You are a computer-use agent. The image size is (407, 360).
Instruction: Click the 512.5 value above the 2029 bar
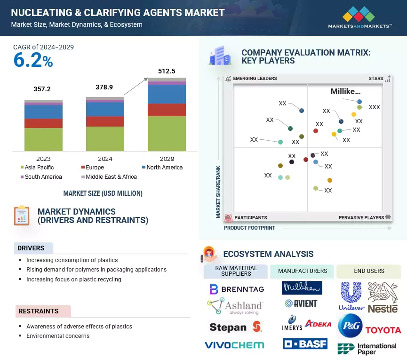click(167, 71)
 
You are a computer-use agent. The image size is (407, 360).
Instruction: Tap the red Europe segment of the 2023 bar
click(43, 123)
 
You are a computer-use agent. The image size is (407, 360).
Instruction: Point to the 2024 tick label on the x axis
click(105, 159)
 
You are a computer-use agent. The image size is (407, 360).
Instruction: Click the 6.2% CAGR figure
click(33, 61)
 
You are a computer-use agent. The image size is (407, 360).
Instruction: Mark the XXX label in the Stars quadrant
click(374, 107)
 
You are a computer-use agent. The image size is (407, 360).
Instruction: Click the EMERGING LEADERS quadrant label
click(255, 79)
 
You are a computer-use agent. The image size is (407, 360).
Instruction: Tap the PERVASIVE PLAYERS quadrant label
click(361, 218)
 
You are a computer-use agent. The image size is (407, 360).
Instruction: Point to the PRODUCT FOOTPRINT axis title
click(249, 228)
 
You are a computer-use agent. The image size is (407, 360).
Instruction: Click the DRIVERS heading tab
click(31, 248)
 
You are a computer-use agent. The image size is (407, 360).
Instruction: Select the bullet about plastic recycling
click(73, 280)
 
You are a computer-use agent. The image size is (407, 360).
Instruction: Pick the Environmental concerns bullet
click(57, 336)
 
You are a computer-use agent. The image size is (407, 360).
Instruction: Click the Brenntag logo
click(236, 289)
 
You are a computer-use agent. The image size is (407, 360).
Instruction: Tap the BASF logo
click(305, 344)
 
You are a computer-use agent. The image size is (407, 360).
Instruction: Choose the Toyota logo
click(383, 330)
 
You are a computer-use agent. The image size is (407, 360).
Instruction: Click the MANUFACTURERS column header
click(302, 271)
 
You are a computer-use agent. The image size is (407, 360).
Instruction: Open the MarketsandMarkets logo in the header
click(359, 17)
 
